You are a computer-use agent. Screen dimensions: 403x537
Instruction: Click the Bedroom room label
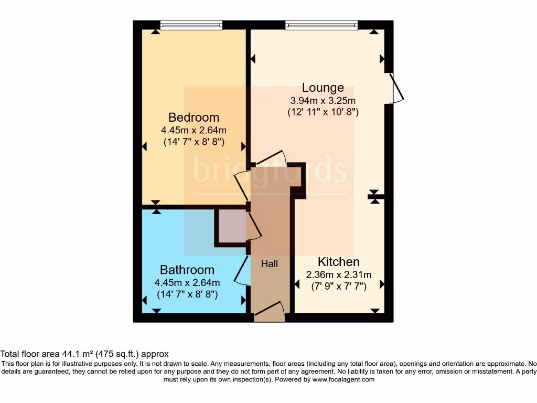point(194,117)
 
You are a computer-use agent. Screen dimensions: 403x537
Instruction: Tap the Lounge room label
point(323,88)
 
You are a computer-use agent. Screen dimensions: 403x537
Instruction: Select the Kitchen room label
point(339,262)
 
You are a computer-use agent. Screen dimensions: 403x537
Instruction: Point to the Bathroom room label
point(187,270)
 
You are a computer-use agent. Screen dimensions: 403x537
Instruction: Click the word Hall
point(270,264)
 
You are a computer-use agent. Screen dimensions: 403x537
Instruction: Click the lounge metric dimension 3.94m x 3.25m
point(323,100)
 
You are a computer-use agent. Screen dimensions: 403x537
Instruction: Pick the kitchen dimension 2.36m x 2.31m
point(339,274)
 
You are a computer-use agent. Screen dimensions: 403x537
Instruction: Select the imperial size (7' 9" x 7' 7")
point(339,287)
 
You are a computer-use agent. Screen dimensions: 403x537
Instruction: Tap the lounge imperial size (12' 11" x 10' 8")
point(323,112)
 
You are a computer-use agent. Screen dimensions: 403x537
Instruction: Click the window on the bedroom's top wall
point(191,24)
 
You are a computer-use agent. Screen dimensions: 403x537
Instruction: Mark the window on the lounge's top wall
point(321,24)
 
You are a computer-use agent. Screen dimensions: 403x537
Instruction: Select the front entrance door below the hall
point(270,313)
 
